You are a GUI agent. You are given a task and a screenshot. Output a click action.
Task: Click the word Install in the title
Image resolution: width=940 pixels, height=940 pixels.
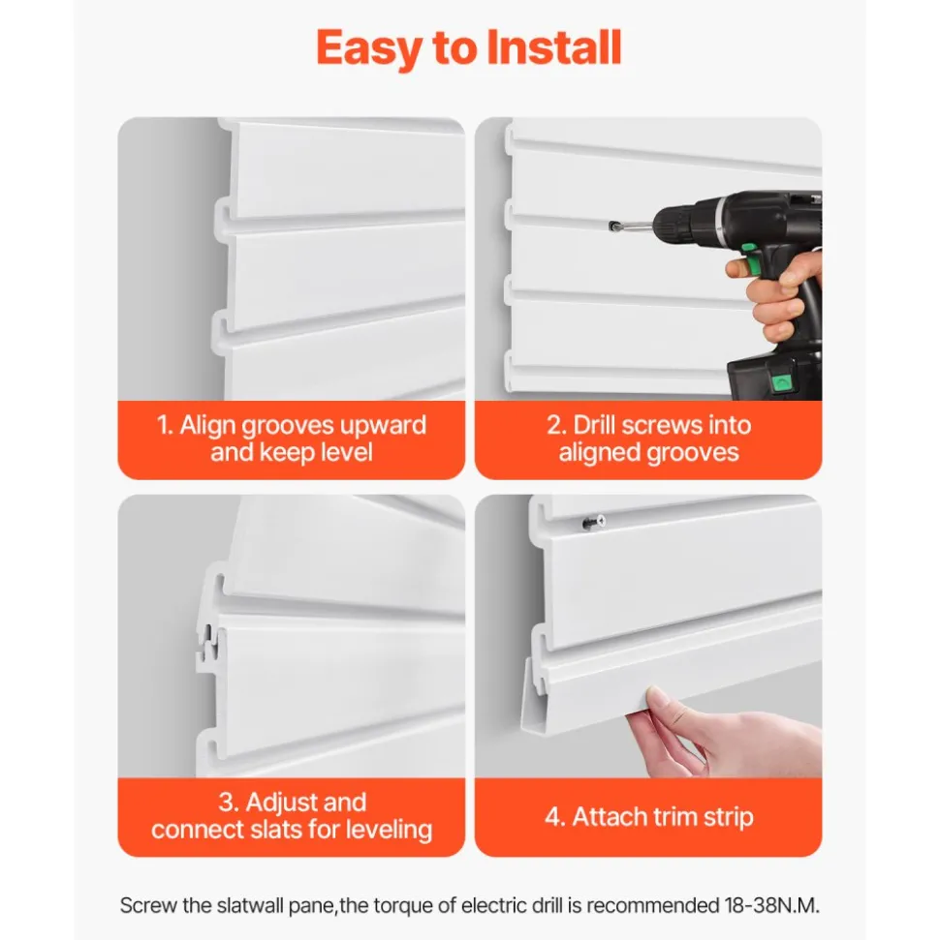point(552,47)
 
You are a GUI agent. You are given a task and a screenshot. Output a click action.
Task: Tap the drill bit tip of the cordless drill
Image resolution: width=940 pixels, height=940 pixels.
point(612,226)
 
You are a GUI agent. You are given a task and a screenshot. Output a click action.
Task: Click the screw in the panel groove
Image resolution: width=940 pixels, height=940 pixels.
point(593,523)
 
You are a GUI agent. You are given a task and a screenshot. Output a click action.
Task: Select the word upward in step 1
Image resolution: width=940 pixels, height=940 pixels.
point(383,426)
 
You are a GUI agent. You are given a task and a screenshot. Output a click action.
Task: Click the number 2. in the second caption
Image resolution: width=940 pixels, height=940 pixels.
point(556,425)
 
